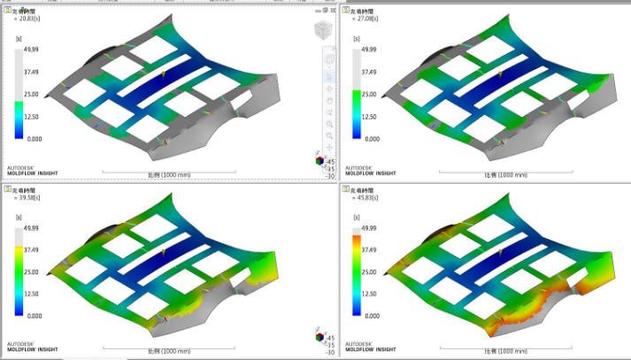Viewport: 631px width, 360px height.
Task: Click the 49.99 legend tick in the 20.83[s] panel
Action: [x=31, y=50]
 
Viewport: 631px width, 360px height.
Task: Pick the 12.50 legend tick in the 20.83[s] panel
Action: [x=31, y=117]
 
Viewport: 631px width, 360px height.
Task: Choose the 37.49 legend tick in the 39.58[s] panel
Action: [x=31, y=249]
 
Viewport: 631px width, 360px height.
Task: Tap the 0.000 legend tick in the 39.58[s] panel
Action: [x=31, y=316]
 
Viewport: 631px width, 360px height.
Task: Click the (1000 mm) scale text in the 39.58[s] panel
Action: [x=164, y=351]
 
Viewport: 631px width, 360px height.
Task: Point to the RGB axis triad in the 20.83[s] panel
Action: [x=319, y=161]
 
